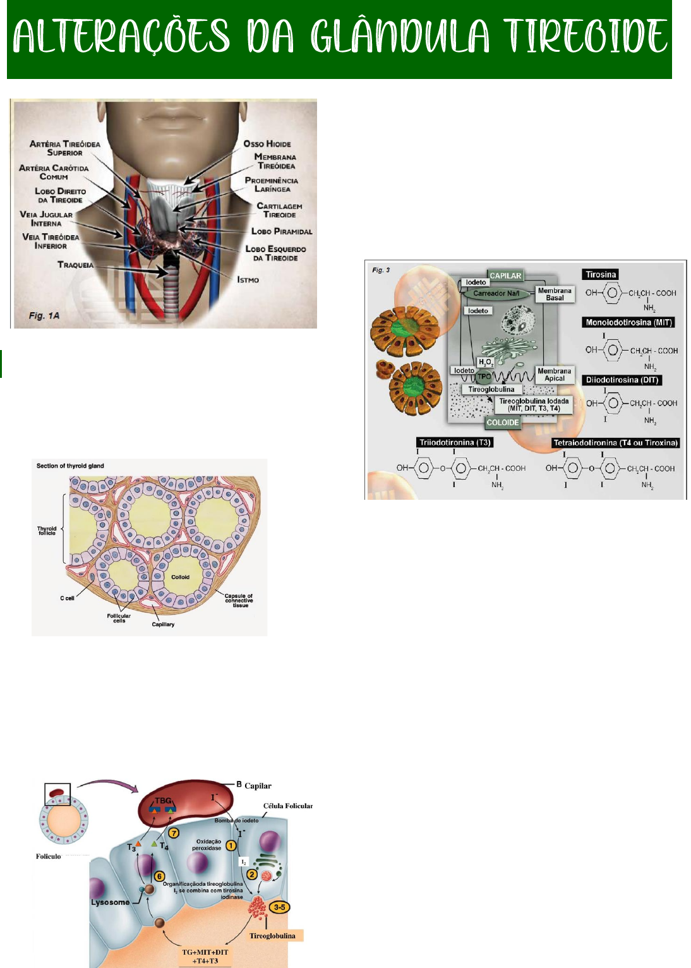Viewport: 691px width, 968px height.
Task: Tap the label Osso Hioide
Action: (x=267, y=144)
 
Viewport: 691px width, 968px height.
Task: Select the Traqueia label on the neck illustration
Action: (x=75, y=265)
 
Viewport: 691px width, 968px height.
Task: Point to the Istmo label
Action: (x=248, y=279)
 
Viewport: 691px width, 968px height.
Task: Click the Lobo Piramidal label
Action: (x=282, y=231)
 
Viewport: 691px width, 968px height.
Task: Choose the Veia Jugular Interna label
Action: (x=46, y=219)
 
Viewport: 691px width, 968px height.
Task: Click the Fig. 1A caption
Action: (x=44, y=315)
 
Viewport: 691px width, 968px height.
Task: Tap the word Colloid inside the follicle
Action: (x=180, y=577)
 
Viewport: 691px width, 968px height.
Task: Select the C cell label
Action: (x=67, y=598)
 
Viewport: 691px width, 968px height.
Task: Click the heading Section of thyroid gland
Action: (x=70, y=466)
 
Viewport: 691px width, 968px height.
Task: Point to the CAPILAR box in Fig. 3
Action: (x=505, y=275)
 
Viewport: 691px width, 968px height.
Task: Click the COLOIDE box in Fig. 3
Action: (x=503, y=423)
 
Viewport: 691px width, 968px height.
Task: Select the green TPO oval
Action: (x=484, y=377)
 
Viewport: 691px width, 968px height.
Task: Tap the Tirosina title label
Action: (x=600, y=274)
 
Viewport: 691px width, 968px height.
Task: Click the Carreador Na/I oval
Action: (x=496, y=293)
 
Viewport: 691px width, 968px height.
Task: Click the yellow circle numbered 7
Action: (x=174, y=833)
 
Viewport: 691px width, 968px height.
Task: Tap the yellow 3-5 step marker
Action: (x=279, y=907)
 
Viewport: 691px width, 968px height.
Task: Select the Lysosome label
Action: (x=110, y=902)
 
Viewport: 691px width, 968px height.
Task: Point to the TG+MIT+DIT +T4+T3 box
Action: (x=205, y=957)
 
